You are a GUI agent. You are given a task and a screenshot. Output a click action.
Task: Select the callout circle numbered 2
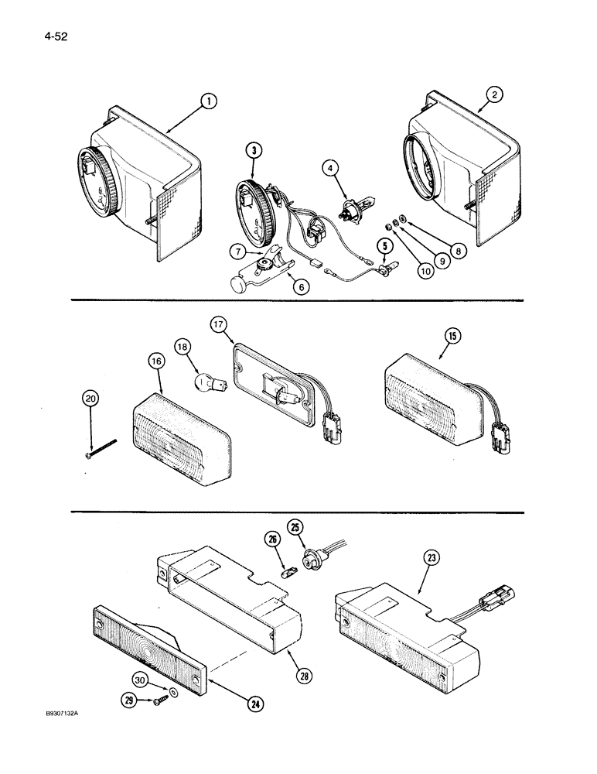pyautogui.click(x=495, y=94)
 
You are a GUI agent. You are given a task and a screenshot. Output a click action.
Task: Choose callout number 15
pyautogui.click(x=452, y=336)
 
